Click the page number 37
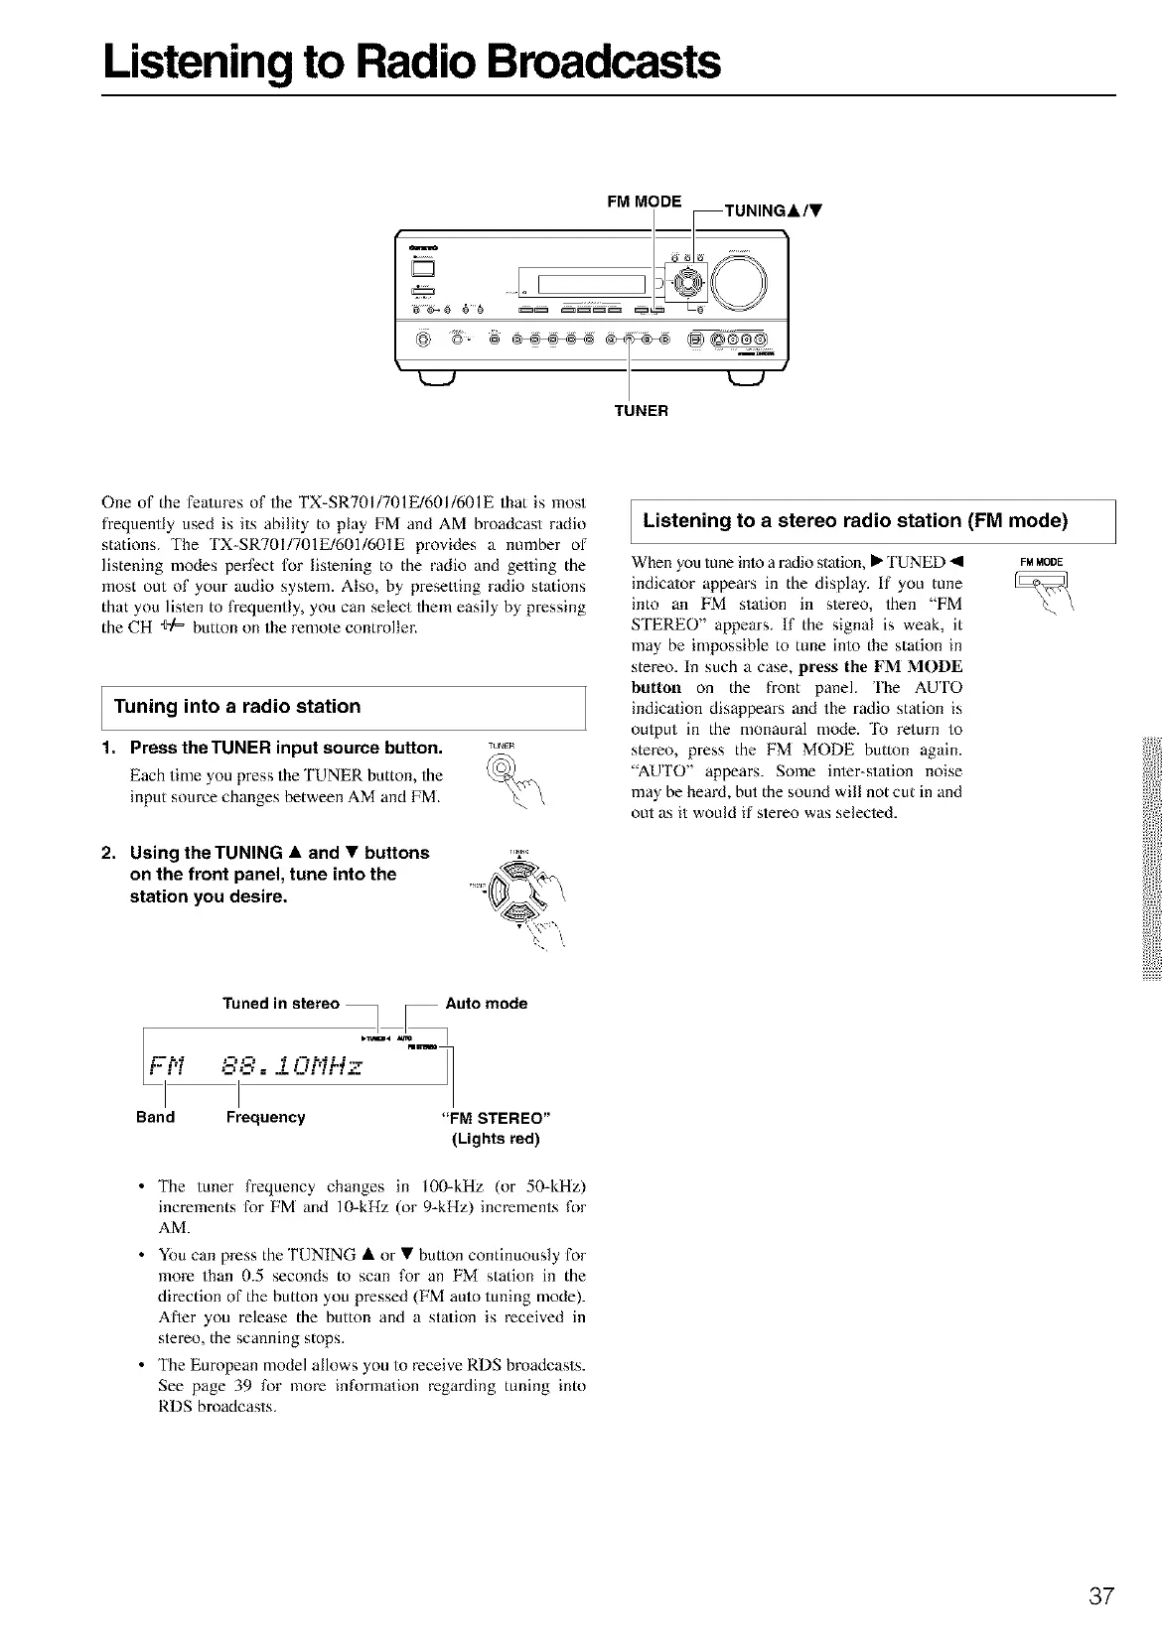(1101, 1597)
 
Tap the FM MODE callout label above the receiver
(644, 202)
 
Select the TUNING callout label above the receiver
(776, 210)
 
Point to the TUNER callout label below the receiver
(641, 410)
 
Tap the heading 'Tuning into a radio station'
(237, 707)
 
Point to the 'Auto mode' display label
(487, 1003)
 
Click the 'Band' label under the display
(155, 1117)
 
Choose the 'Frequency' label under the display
(265, 1117)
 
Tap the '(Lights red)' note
(496, 1139)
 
